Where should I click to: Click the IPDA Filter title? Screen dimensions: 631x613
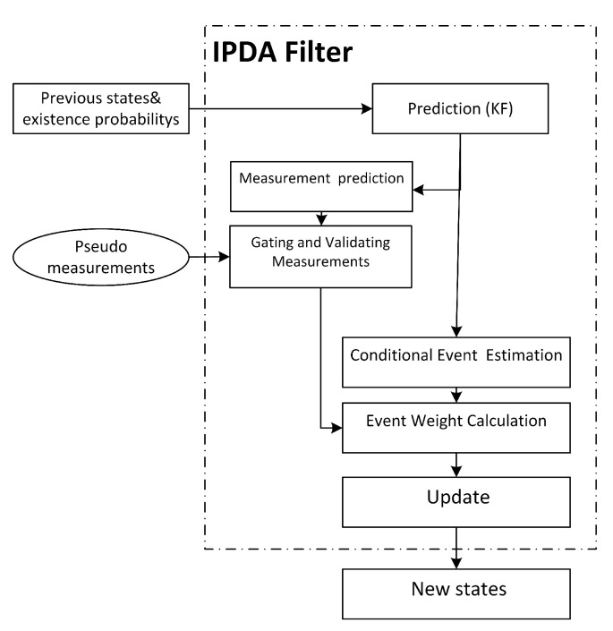(282, 51)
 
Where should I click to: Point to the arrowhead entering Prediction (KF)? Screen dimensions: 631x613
(366, 109)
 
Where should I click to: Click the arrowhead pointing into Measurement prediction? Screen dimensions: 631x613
(418, 189)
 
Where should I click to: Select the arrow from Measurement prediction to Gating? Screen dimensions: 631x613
(320, 217)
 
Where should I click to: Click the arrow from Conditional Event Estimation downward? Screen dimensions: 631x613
(457, 394)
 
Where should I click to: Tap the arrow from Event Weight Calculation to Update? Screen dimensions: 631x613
(457, 464)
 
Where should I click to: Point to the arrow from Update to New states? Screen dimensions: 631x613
(457, 548)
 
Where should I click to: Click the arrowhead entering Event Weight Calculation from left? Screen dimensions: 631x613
(337, 428)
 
